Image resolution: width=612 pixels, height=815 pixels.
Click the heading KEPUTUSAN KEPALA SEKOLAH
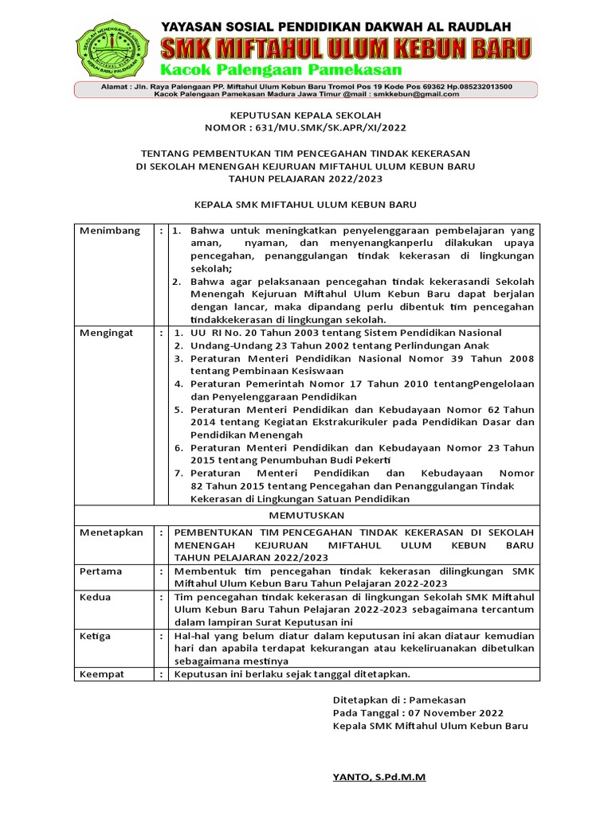click(305, 115)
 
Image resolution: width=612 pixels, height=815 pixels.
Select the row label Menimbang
click(110, 231)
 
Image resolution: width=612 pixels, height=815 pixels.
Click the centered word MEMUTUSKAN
click(306, 516)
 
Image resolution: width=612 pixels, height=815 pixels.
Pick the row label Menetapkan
click(111, 532)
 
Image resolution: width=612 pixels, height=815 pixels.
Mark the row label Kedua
click(95, 597)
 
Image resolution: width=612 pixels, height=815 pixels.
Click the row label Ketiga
click(96, 636)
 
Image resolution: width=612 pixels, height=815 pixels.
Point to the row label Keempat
click(102, 674)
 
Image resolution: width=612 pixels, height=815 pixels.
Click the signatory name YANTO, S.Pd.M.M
click(379, 777)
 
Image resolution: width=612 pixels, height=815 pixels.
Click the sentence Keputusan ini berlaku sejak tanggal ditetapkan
click(292, 674)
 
